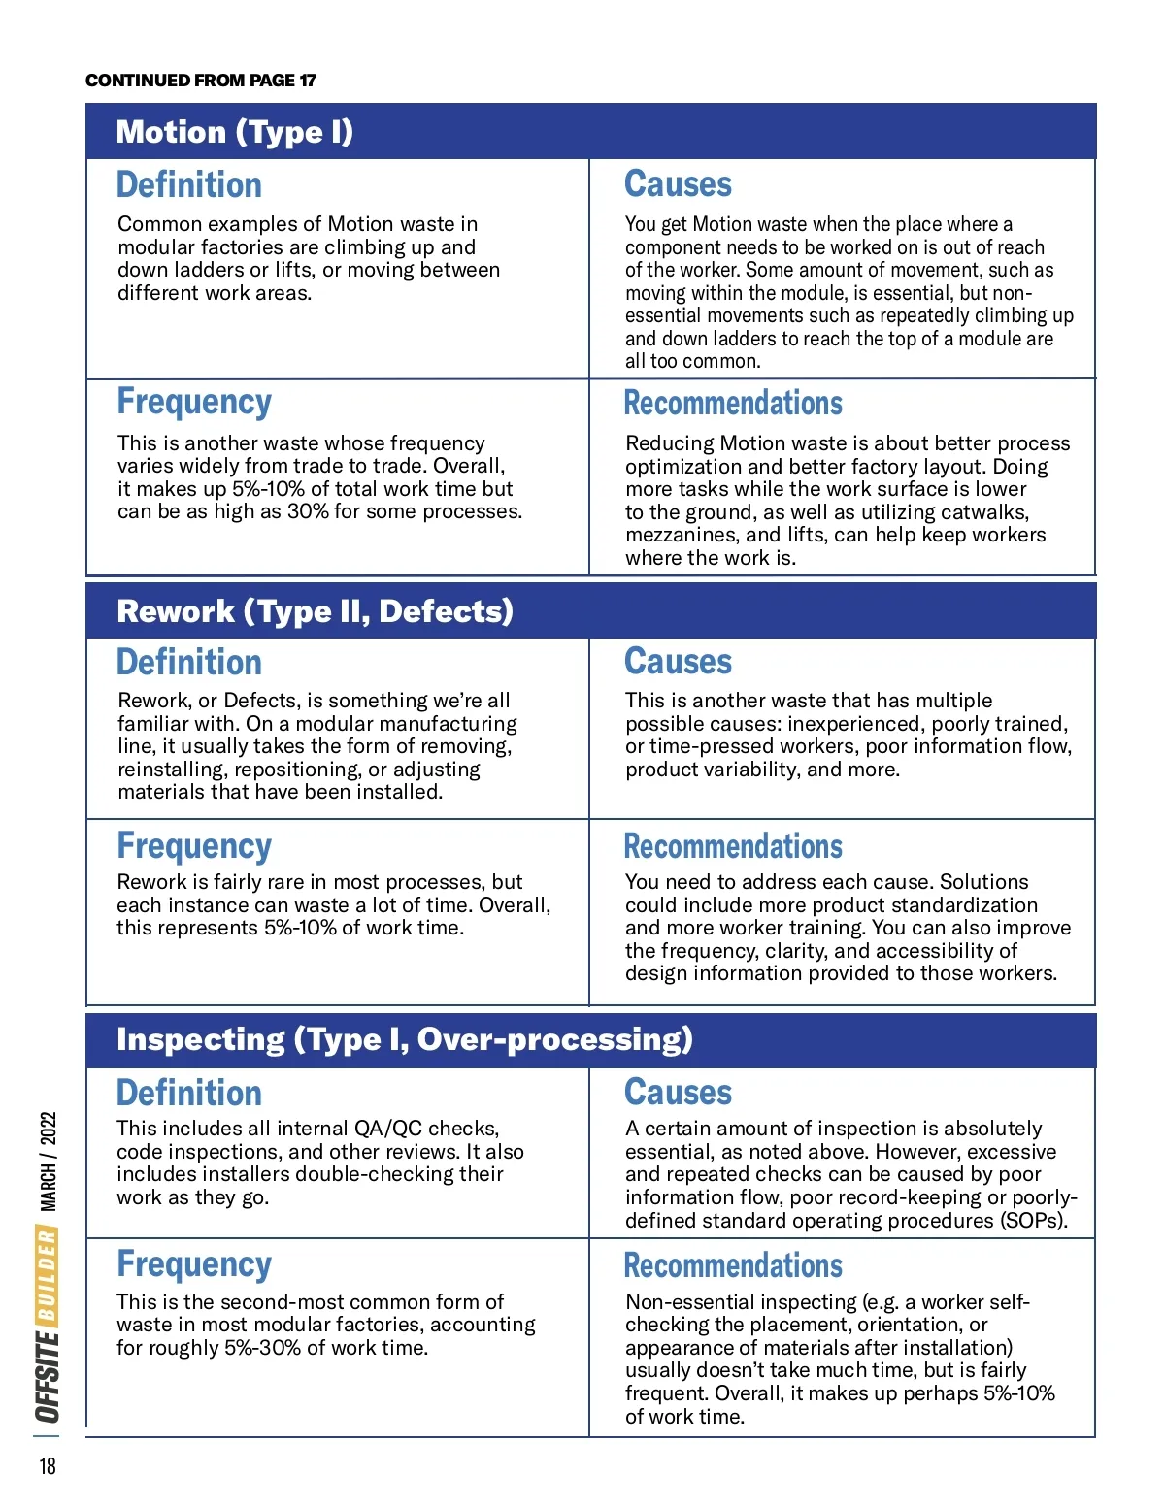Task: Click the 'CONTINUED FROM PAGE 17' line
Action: point(201,81)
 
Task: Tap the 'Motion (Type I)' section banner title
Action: point(234,132)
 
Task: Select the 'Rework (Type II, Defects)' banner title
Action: point(315,611)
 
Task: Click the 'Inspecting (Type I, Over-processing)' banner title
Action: point(404,1039)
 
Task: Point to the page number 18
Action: point(48,1465)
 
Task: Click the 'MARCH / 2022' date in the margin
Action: point(49,1162)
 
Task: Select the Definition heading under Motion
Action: point(189,184)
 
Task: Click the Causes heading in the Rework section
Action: point(678,662)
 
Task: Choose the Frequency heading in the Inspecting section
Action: point(194,1264)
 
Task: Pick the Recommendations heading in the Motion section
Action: point(733,403)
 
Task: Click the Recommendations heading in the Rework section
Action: point(733,846)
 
